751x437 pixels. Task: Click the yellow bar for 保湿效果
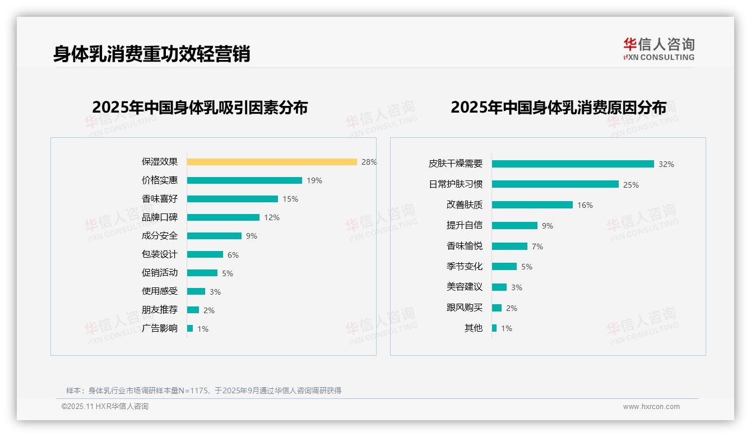tap(272, 162)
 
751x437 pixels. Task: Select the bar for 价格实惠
tap(244, 180)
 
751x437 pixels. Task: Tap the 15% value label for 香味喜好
tap(290, 199)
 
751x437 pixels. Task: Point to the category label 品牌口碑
tap(160, 217)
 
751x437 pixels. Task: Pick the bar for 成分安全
tap(214, 236)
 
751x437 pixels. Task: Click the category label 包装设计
tap(160, 254)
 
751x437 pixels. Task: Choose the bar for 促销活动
tap(202, 273)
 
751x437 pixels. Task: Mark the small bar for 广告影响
tap(190, 328)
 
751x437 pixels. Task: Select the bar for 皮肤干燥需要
tap(573, 164)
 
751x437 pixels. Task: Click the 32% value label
tap(666, 164)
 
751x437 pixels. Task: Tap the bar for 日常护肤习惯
tap(555, 184)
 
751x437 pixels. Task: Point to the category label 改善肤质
tap(465, 205)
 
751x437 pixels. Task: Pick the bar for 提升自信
tap(514, 225)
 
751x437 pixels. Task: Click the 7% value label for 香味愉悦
tap(537, 247)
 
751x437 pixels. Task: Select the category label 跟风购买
tap(465, 308)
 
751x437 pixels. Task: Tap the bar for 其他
tap(494, 328)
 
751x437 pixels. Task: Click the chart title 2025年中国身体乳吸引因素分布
tap(200, 107)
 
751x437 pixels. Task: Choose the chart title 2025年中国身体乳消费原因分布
tap(558, 107)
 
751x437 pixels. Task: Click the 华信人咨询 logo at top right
tap(659, 49)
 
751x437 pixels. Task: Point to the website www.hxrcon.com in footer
tap(651, 407)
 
